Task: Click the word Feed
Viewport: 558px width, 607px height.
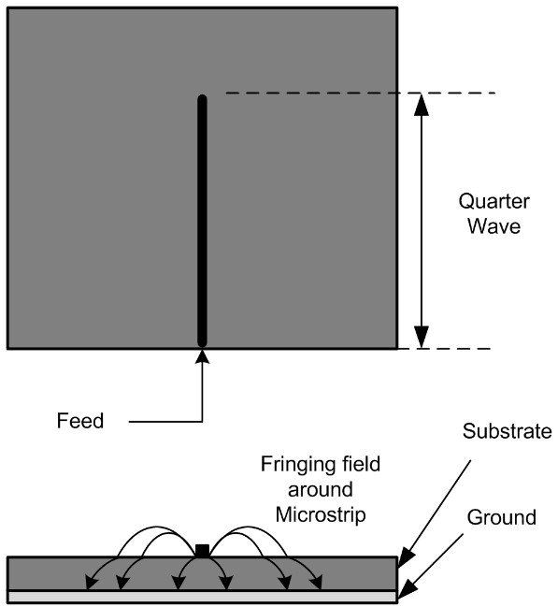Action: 80,421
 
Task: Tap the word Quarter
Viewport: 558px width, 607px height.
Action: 494,202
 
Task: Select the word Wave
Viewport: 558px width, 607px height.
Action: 494,226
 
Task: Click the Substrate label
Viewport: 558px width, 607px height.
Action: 507,431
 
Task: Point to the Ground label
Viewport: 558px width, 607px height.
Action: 502,517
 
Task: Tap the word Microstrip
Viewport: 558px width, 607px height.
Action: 321,515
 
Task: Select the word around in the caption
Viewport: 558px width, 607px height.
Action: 321,490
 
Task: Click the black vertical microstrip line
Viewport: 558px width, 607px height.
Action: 202,221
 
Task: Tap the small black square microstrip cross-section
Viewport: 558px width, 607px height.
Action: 203,551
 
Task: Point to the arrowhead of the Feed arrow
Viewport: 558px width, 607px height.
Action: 202,356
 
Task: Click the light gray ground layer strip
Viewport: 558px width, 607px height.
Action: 203,597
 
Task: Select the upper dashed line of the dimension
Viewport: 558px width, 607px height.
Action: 360,93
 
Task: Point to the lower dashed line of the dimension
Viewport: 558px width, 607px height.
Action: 444,349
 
